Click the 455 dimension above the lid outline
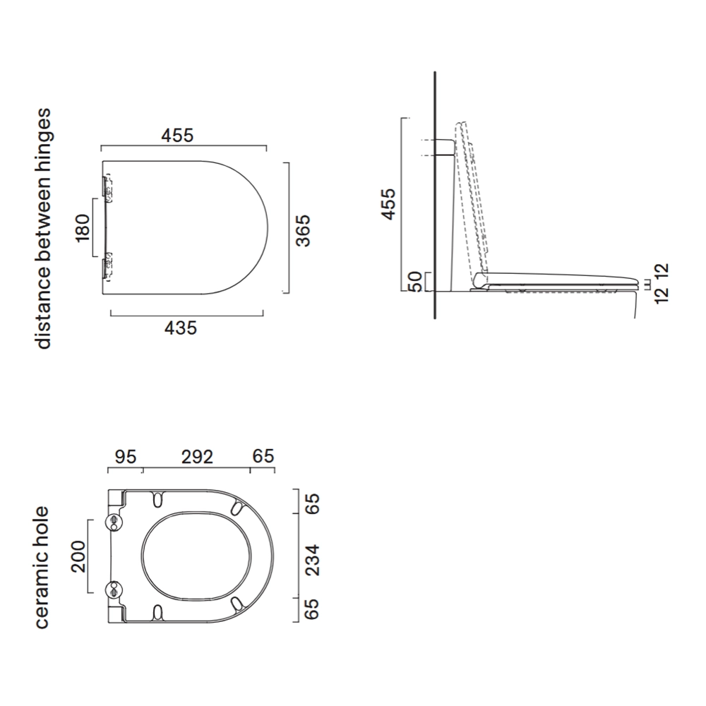178,136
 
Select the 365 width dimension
304,231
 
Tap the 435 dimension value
181,328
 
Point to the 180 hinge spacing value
83,228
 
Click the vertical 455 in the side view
388,205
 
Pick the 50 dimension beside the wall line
414,282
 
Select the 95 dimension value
125,457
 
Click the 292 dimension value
197,457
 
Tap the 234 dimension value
312,560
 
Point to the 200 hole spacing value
78,556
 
